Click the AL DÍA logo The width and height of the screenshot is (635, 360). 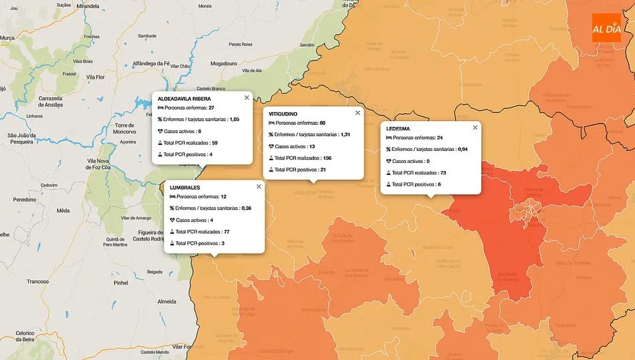[606, 28]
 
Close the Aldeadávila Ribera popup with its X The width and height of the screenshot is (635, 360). [247, 98]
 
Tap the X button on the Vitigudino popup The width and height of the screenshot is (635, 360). [358, 113]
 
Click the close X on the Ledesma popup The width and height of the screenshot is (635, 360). [475, 127]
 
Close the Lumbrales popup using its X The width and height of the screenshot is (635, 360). [259, 187]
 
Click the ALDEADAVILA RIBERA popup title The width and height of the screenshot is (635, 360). [184, 99]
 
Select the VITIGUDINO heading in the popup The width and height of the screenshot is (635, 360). [283, 114]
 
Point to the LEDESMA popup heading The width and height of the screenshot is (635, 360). [398, 128]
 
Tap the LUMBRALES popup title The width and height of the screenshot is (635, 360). [184, 188]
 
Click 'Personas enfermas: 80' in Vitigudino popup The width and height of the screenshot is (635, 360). [297, 123]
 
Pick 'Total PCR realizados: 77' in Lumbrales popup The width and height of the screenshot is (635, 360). [199, 231]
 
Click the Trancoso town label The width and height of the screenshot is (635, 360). [37, 281]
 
